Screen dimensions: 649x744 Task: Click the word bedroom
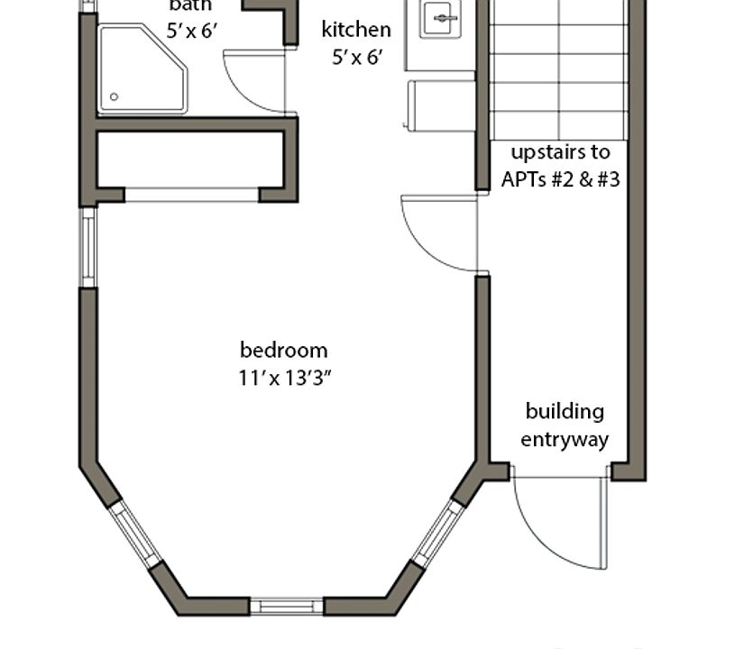click(283, 350)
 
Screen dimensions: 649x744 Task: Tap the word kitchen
click(356, 30)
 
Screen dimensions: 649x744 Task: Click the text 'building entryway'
click(565, 425)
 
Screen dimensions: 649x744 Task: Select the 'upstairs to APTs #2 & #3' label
click(560, 166)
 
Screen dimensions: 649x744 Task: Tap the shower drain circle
click(114, 96)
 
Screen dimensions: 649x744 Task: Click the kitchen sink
click(440, 18)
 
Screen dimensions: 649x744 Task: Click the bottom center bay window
click(286, 606)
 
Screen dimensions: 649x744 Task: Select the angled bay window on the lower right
click(437, 534)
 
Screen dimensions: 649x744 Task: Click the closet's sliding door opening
click(191, 195)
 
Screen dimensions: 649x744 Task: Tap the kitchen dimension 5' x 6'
click(356, 57)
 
